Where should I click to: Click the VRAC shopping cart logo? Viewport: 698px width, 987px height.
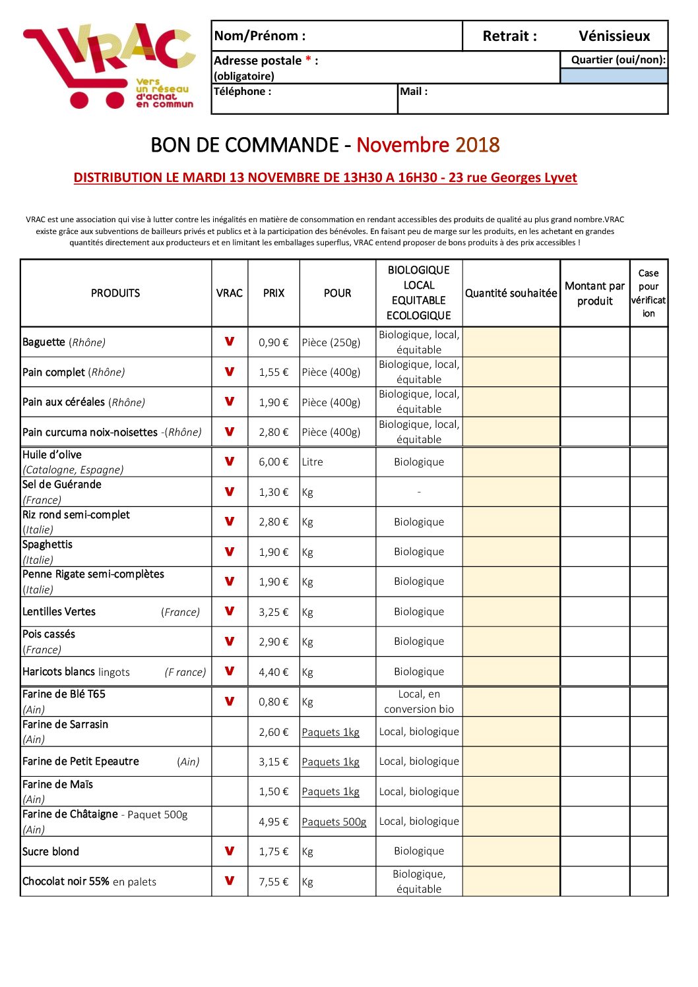pyautogui.click(x=109, y=66)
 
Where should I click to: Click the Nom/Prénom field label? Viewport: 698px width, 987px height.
pyautogui.click(x=260, y=36)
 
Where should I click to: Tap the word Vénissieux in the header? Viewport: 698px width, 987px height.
pyautogui.click(x=614, y=36)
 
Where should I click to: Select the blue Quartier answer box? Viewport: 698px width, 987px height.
pyautogui.click(x=614, y=76)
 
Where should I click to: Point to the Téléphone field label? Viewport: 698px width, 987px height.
pyautogui.click(x=242, y=92)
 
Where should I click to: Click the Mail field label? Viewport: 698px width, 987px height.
pyautogui.click(x=414, y=92)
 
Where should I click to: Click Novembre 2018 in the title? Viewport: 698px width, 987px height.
pyautogui.click(x=428, y=145)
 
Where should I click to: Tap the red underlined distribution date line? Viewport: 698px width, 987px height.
pyautogui.click(x=325, y=177)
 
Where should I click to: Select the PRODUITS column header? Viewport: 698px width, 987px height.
pyautogui.click(x=115, y=293)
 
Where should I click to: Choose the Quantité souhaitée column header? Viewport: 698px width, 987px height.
pyautogui.click(x=511, y=293)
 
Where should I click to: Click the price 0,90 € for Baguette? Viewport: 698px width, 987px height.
pyautogui.click(x=274, y=343)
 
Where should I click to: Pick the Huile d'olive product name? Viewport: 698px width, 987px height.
pyautogui.click(x=52, y=455)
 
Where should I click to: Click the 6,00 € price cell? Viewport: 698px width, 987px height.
pyautogui.click(x=274, y=462)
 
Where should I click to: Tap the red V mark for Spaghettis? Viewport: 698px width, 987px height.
pyautogui.click(x=230, y=551)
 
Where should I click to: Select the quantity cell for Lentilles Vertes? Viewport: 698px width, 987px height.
pyautogui.click(x=511, y=612)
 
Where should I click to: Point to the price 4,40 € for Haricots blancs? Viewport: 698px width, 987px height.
pyautogui.click(x=274, y=673)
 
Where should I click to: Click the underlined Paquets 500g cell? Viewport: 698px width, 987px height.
pyautogui.click(x=334, y=822)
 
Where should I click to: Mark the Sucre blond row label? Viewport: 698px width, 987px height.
pyautogui.click(x=51, y=852)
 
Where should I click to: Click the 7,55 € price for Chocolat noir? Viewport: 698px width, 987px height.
pyautogui.click(x=274, y=882)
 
